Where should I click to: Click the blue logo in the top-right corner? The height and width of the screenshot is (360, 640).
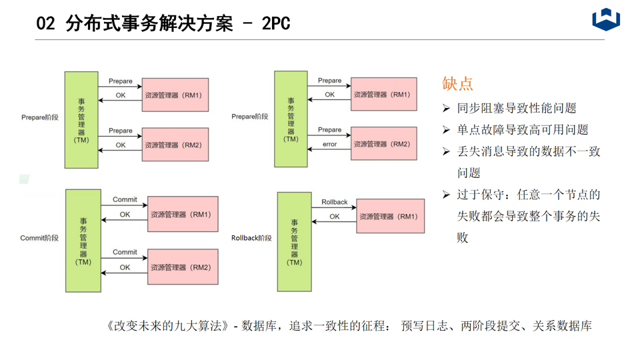click(x=606, y=19)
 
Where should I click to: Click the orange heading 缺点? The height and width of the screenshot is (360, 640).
click(x=457, y=83)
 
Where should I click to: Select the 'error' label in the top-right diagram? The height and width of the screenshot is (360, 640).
click(x=329, y=144)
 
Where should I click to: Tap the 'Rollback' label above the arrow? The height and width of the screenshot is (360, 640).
click(x=334, y=202)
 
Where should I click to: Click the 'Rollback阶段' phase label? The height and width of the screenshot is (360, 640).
click(x=251, y=238)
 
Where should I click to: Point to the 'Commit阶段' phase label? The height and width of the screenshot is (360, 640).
click(x=39, y=238)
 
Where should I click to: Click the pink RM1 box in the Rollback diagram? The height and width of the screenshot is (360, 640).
click(x=390, y=216)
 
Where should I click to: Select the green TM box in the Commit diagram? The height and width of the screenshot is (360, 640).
click(x=83, y=241)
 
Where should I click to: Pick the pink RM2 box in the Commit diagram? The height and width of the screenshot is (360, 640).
click(x=183, y=267)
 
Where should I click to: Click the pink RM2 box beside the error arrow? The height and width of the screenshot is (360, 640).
click(x=383, y=144)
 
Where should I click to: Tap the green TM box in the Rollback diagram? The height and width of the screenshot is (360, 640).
click(x=294, y=241)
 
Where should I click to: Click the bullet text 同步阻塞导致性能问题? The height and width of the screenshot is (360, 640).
click(x=517, y=108)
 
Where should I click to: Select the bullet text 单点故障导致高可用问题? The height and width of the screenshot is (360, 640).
click(x=523, y=129)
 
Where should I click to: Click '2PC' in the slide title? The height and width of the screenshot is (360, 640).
click(x=275, y=24)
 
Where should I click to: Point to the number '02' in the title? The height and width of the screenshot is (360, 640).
click(x=45, y=24)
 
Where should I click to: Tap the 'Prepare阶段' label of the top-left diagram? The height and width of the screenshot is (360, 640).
click(x=40, y=117)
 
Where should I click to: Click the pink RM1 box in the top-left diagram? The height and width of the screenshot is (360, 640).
click(x=175, y=95)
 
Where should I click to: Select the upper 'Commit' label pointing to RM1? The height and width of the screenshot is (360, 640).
click(x=125, y=199)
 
